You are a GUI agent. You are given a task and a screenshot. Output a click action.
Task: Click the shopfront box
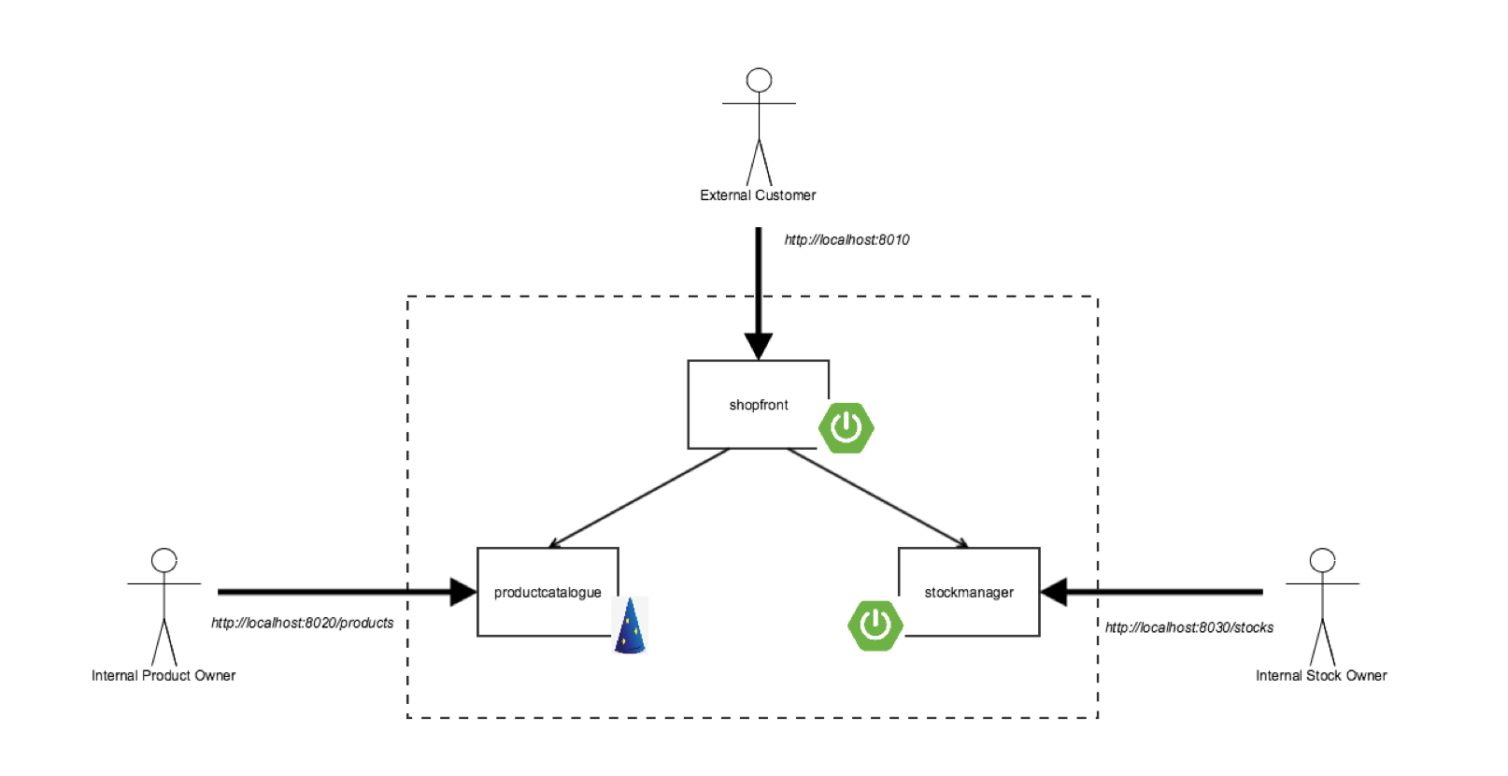coord(758,404)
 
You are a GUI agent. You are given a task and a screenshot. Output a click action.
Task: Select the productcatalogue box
coord(548,592)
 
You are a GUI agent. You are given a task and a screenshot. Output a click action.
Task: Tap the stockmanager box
coord(969,592)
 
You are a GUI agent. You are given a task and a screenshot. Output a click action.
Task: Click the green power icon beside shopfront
coord(846,428)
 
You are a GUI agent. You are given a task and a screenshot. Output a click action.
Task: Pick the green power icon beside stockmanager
coord(875,625)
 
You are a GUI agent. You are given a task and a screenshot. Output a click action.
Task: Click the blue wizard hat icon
coord(631,625)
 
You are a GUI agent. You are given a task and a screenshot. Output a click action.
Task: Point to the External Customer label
coord(758,195)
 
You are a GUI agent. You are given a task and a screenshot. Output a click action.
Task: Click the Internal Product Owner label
coord(164,675)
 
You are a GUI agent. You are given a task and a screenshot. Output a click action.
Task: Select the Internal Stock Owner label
coord(1321,675)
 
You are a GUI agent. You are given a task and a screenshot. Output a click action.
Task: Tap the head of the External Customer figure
coord(759,80)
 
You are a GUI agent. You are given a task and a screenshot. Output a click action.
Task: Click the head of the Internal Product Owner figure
coord(164,560)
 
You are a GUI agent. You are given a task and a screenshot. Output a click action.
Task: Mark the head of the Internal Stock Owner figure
coord(1322,560)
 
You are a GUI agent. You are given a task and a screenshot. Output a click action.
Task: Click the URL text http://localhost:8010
coord(846,240)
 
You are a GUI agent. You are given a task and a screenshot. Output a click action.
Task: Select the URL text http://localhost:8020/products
coord(302,623)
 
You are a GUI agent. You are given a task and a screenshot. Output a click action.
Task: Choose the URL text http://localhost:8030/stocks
coord(1188,627)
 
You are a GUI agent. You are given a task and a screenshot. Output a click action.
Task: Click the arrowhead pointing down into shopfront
coord(759,346)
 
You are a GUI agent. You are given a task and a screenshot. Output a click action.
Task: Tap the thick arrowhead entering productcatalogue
coord(462,592)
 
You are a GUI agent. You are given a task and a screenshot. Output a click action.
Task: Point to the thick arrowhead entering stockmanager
coord(1054,592)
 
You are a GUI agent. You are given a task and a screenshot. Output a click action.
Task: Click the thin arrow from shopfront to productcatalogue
coord(639,498)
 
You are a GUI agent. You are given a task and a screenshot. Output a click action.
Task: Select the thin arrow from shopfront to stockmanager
coord(878,498)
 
